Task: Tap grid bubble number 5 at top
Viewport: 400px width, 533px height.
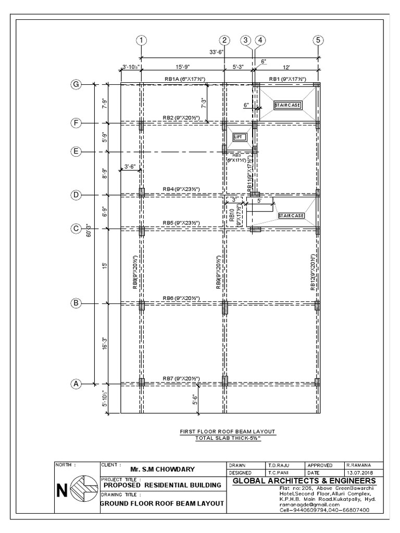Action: point(319,40)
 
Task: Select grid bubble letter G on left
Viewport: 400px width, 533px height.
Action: point(76,84)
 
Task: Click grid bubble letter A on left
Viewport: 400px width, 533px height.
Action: point(76,384)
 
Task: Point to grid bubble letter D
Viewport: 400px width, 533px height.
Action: point(76,195)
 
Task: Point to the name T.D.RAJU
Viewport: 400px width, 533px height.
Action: point(279,465)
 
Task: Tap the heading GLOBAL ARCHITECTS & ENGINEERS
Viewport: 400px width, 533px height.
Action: point(304,480)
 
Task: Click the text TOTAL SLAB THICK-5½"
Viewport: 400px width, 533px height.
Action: point(228,438)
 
